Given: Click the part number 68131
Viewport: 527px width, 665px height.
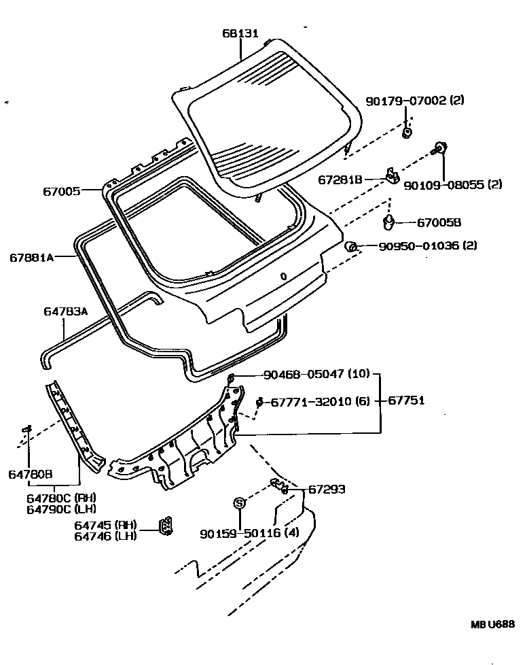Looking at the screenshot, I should [240, 33].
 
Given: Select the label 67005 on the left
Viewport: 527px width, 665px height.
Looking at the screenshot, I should [62, 192].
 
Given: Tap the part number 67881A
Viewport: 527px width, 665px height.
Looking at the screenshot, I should [32, 257].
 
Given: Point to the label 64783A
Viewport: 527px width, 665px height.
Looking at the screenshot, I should [66, 311].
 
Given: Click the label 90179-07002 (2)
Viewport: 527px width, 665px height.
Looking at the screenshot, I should [415, 101].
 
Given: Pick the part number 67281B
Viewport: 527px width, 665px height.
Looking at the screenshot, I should [340, 180].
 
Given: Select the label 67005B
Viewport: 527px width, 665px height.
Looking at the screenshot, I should [439, 222].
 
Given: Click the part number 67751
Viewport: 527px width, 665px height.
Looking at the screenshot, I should [407, 401].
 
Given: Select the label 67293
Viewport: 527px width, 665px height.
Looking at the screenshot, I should [328, 489].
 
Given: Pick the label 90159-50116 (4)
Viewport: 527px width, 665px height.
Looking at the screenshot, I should [250, 534].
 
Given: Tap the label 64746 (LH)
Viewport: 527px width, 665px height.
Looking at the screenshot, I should [106, 536].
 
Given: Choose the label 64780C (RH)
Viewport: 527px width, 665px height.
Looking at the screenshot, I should [62, 498].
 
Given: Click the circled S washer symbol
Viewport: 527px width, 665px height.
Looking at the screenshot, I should [239, 503].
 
